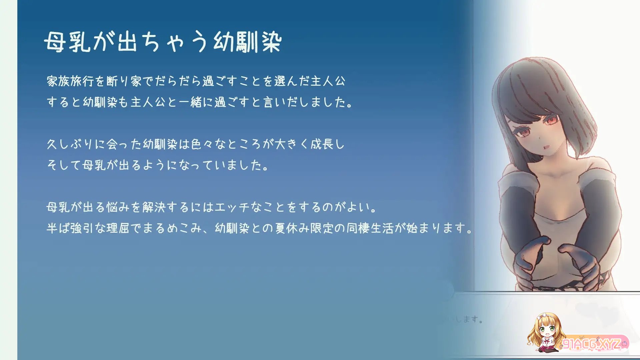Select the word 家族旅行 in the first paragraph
click(x=70, y=81)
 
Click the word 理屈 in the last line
click(x=118, y=228)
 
